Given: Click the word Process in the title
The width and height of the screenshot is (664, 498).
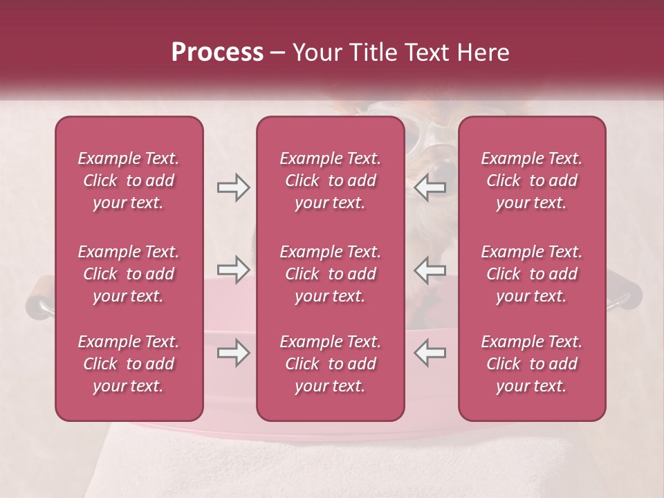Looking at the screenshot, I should [217, 53].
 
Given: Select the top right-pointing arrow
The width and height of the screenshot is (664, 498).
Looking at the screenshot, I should [233, 187].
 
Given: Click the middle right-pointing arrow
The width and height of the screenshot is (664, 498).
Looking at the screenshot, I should [233, 270].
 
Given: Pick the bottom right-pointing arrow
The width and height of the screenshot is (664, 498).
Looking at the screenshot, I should [233, 353].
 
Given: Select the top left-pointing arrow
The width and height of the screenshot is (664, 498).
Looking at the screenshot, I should [430, 187].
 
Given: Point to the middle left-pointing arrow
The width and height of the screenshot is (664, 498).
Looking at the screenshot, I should [430, 270].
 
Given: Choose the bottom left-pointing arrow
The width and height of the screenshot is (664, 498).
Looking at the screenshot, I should [430, 353].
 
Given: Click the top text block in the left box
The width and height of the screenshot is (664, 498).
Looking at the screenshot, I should [129, 181].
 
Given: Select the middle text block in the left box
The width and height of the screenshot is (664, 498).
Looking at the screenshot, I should [129, 274].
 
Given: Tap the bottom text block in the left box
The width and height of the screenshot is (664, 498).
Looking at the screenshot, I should [129, 364].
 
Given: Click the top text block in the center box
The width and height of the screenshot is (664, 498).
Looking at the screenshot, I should [330, 181].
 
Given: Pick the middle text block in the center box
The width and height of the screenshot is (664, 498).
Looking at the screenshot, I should [330, 274].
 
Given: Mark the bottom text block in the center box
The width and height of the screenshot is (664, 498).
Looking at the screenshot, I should [330, 364].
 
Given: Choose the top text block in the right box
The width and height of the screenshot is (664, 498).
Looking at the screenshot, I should [532, 181].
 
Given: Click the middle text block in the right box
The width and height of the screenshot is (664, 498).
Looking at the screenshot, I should [532, 274].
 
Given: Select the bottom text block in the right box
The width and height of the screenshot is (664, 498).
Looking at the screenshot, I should [532, 364].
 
